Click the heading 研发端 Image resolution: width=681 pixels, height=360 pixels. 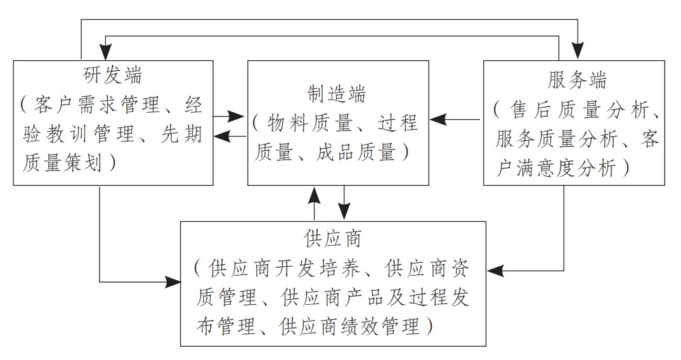pyautogui.click(x=112, y=75)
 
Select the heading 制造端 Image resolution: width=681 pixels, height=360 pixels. pyautogui.click(x=337, y=94)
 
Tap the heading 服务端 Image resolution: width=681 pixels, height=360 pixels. pyautogui.click(x=577, y=80)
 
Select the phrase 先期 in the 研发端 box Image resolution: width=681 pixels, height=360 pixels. pyautogui.click(x=182, y=134)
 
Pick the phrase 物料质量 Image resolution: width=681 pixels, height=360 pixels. pyautogui.click(x=309, y=124)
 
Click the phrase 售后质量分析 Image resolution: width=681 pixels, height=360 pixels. pyautogui.click(x=580, y=110)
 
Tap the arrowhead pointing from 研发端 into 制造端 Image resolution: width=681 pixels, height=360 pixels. pyautogui.click(x=237, y=116)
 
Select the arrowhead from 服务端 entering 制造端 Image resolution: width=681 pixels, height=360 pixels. pyautogui.click(x=438, y=119)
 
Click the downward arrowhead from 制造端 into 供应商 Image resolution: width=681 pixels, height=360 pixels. pyautogui.click(x=344, y=212)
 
